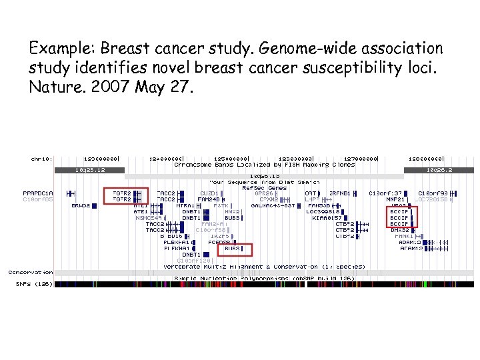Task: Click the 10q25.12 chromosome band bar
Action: (x=89, y=170)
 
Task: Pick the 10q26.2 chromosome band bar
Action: (x=439, y=170)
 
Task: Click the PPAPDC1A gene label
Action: (x=38, y=193)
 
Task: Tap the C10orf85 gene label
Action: (x=38, y=199)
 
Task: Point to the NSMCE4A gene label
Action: (x=149, y=218)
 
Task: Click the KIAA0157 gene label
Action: (x=327, y=218)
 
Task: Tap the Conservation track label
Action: (x=31, y=272)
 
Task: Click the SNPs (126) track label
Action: (x=34, y=284)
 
